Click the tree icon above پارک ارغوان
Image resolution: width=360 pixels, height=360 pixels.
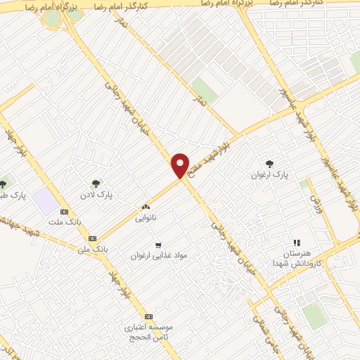269,162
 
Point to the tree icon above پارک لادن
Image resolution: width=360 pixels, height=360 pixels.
96,183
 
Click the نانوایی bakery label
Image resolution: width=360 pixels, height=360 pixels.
147,218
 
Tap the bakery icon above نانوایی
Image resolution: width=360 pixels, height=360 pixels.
146,207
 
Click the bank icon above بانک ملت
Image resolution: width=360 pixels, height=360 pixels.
65,212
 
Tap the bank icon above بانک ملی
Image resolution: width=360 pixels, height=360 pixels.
93,238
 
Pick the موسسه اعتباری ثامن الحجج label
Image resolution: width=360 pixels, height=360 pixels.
148,333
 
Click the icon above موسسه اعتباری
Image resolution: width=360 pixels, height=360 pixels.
148,316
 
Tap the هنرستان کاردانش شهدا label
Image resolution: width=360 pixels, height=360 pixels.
296,258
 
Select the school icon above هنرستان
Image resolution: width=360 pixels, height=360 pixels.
296,243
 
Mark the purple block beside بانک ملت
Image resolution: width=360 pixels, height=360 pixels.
45,202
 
